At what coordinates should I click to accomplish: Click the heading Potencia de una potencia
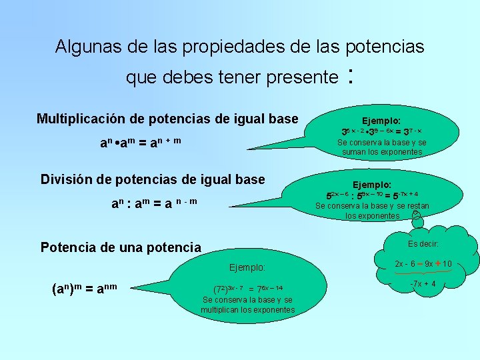pos(121,247)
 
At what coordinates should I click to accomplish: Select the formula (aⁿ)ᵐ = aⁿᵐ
pos(84,289)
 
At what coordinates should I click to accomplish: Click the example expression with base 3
pos(381,132)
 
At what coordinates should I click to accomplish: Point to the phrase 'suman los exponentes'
pos(382,152)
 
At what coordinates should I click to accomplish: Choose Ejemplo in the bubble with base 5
pos(371,184)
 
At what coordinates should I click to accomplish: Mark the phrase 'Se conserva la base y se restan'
pos(372,206)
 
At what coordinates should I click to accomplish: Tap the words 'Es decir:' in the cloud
pos(423,243)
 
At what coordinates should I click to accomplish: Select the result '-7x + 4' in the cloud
pos(423,284)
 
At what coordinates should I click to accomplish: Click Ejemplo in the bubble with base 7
pos(247,267)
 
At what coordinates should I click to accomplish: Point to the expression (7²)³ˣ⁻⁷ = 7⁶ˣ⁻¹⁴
pos(248,289)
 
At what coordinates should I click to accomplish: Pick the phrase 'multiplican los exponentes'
pos(247,310)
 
